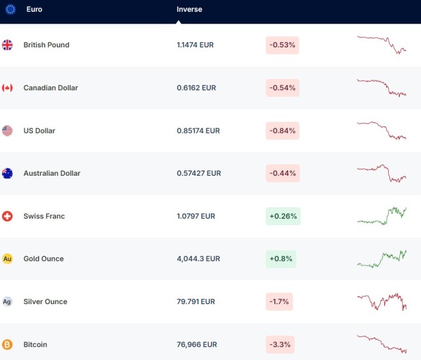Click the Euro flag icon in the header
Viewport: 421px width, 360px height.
coord(11,10)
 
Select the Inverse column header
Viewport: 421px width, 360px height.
coord(189,10)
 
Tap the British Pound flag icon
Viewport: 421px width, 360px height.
coord(7,45)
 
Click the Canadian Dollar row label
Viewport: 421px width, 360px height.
coord(51,88)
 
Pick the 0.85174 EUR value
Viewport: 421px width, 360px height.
coord(199,130)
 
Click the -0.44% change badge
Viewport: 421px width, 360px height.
coord(282,173)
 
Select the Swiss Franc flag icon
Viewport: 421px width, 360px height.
coord(7,216)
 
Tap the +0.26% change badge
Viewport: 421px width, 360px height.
coord(283,216)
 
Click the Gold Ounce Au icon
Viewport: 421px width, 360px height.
coord(7,259)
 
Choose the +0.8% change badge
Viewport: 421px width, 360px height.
coord(281,259)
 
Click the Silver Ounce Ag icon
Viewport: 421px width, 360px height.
coord(7,301)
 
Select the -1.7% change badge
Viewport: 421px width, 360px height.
coord(279,301)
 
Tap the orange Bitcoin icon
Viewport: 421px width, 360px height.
coord(7,344)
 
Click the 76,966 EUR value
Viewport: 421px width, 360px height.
coord(196,344)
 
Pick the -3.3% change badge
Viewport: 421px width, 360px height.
coord(280,344)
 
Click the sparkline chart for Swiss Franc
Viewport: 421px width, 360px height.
coord(382,216)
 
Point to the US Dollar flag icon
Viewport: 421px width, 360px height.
coord(7,130)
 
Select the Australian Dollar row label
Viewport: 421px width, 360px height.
coord(52,173)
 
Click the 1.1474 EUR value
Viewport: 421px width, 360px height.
coord(195,45)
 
